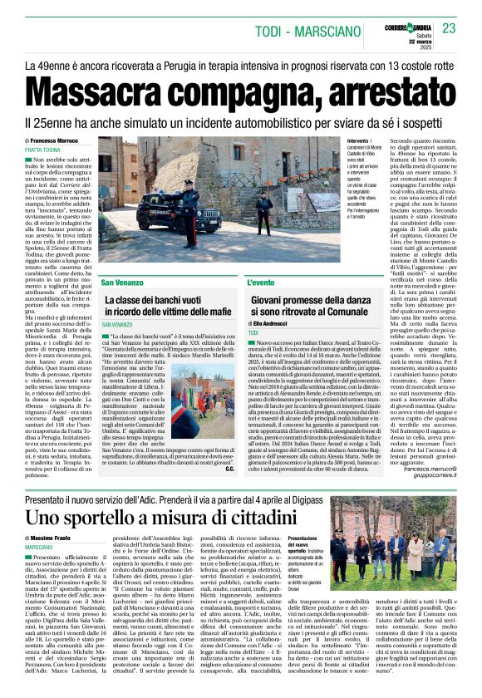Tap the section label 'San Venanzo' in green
click(124, 283)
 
